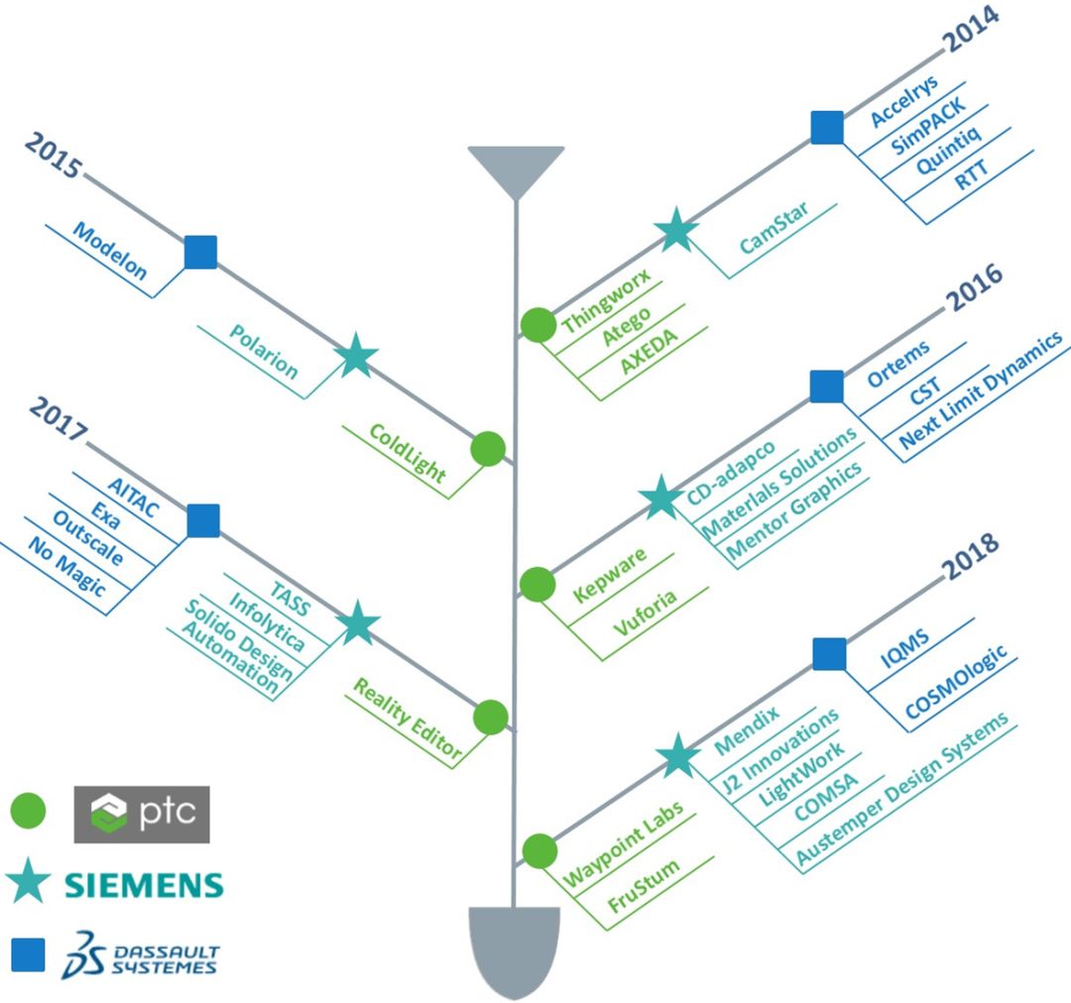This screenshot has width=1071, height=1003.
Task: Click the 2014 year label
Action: (x=971, y=27)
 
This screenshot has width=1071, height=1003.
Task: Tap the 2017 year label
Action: (x=59, y=421)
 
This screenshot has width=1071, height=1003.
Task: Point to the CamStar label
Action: (x=773, y=228)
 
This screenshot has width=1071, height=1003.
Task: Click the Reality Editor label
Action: (x=408, y=718)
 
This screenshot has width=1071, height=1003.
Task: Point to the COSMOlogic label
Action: (x=955, y=684)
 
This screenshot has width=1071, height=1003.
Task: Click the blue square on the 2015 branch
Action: (x=200, y=252)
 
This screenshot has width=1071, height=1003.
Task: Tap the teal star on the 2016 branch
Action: (x=659, y=499)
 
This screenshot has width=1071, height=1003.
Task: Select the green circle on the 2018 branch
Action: (x=538, y=851)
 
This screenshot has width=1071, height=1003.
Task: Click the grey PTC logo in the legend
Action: (x=142, y=814)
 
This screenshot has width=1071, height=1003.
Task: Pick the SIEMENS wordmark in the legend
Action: (x=144, y=884)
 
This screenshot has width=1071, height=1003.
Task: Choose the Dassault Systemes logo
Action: (x=140, y=953)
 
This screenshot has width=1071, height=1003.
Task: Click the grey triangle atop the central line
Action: (x=516, y=168)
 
